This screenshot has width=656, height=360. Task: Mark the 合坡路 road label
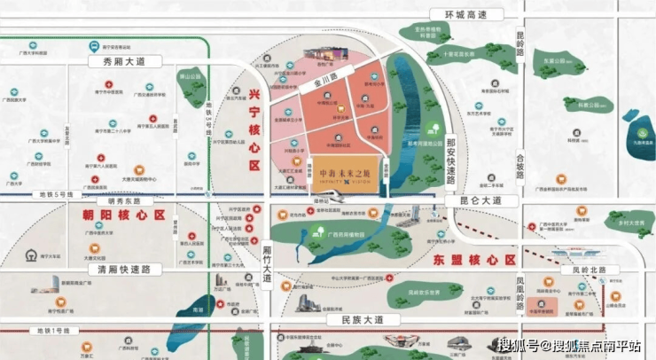pos(520,168)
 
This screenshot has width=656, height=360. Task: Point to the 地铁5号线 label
pos(54,194)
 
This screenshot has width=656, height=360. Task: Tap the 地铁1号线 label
pos(52,331)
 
